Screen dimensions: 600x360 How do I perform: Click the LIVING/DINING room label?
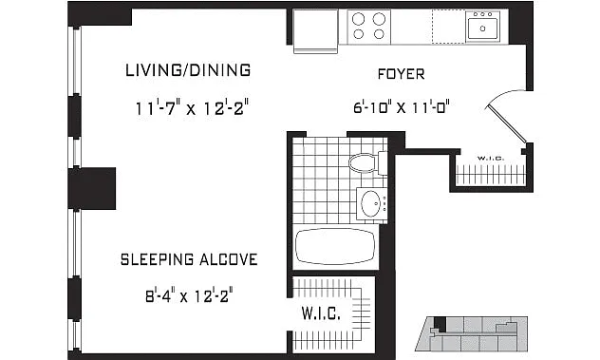188,70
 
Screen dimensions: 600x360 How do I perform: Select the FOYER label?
401,74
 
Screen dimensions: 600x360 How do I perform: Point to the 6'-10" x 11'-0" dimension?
401,106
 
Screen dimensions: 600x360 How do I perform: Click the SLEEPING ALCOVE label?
189,259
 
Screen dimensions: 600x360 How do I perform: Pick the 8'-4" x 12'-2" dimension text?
190,296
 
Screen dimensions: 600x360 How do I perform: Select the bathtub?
335,247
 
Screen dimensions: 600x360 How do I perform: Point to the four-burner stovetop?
369,27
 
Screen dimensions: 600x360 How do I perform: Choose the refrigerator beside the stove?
316,30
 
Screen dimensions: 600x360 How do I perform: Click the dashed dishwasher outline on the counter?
448,27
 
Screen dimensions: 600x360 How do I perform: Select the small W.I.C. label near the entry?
491,159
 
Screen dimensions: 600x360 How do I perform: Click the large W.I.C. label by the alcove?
321,313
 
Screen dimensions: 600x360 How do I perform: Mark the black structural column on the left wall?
92,188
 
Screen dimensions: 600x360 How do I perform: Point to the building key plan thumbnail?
472,334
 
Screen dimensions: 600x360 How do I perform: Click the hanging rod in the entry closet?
490,173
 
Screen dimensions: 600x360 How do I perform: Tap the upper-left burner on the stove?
359,19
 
